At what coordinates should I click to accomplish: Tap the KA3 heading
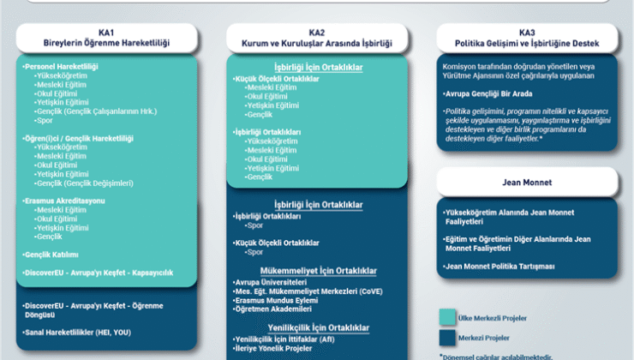[524, 32]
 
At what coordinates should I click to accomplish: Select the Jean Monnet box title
[525, 182]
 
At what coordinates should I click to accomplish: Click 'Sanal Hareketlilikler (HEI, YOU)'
[76, 332]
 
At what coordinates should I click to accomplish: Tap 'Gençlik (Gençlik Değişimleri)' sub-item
[85, 183]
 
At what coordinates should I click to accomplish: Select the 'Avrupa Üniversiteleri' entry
[270, 282]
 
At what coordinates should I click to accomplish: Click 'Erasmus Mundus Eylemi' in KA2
[273, 300]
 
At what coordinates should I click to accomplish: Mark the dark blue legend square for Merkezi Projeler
[447, 336]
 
